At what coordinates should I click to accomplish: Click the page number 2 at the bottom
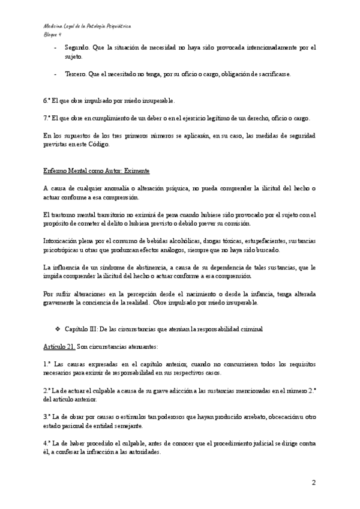click(x=314, y=483)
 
